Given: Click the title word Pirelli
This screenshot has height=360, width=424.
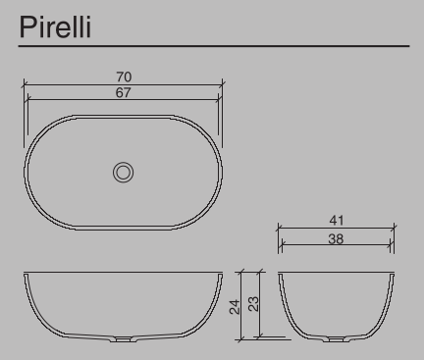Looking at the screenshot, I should pyautogui.click(x=55, y=26).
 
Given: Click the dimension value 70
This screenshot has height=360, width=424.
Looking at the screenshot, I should pyautogui.click(x=124, y=77).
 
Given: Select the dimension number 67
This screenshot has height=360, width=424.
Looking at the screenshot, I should pyautogui.click(x=124, y=92).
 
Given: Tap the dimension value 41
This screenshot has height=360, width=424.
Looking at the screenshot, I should pyautogui.click(x=337, y=223).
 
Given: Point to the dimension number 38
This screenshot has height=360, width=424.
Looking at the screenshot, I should pyautogui.click(x=337, y=238).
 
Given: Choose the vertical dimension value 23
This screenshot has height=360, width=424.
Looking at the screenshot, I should pyautogui.click(x=254, y=304).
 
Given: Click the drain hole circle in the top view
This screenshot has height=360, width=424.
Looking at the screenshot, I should pyautogui.click(x=124, y=172).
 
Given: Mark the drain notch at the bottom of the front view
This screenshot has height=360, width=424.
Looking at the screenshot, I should pyautogui.click(x=124, y=340).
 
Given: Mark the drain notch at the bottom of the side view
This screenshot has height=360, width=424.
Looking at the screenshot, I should pyautogui.click(x=337, y=339).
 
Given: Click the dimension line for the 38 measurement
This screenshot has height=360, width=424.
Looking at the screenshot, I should pyautogui.click(x=304, y=245).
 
